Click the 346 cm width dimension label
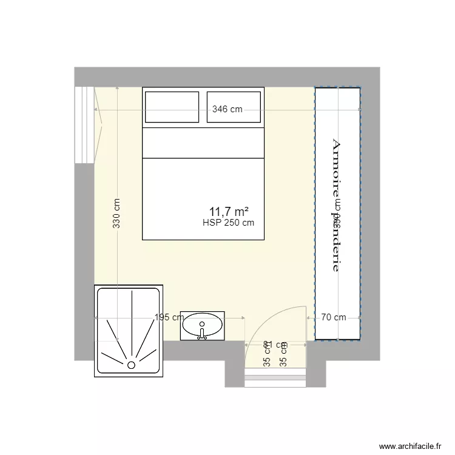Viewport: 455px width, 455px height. pyautogui.click(x=227, y=110)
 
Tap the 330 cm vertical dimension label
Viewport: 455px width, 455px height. pyautogui.click(x=116, y=214)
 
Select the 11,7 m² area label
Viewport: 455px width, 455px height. pyautogui.click(x=229, y=211)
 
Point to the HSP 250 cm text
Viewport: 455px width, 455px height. pyautogui.click(x=229, y=223)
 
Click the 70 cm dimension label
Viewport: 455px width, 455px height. pyautogui.click(x=334, y=317)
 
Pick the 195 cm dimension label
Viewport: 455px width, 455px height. pyautogui.click(x=169, y=317)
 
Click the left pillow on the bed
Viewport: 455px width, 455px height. pyautogui.click(x=172, y=107)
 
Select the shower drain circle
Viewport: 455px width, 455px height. pyautogui.click(x=130, y=365)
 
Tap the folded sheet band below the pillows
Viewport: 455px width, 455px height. pyautogui.click(x=203, y=143)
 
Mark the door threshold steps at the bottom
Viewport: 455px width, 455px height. pyautogui.click(x=275, y=379)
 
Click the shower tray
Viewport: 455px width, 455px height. pyautogui.click(x=129, y=331)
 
